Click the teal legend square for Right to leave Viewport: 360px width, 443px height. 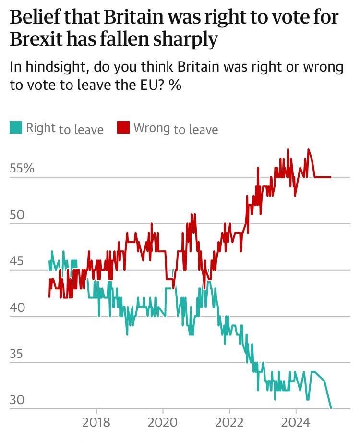tap(16, 128)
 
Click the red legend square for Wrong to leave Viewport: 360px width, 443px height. tap(124, 128)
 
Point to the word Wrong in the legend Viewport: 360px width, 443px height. tap(152, 128)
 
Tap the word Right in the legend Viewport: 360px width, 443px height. tap(41, 128)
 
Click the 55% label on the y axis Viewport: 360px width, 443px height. tap(22, 169)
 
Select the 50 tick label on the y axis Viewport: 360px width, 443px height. tap(17, 215)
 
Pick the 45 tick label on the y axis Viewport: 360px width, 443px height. tap(17, 261)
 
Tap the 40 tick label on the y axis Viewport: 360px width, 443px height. tap(17, 308)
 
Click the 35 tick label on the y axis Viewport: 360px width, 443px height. tap(17, 354)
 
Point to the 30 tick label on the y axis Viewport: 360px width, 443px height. tap(17, 400)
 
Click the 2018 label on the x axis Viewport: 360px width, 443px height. tap(96, 423)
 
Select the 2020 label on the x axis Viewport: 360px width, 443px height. tap(163, 423)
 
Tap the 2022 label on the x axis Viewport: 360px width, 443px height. tap(229, 423)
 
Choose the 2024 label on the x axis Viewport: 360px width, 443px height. tap(295, 423)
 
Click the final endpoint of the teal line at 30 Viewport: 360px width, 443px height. tap(331, 408)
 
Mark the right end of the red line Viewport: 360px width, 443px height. tap(331, 177)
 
